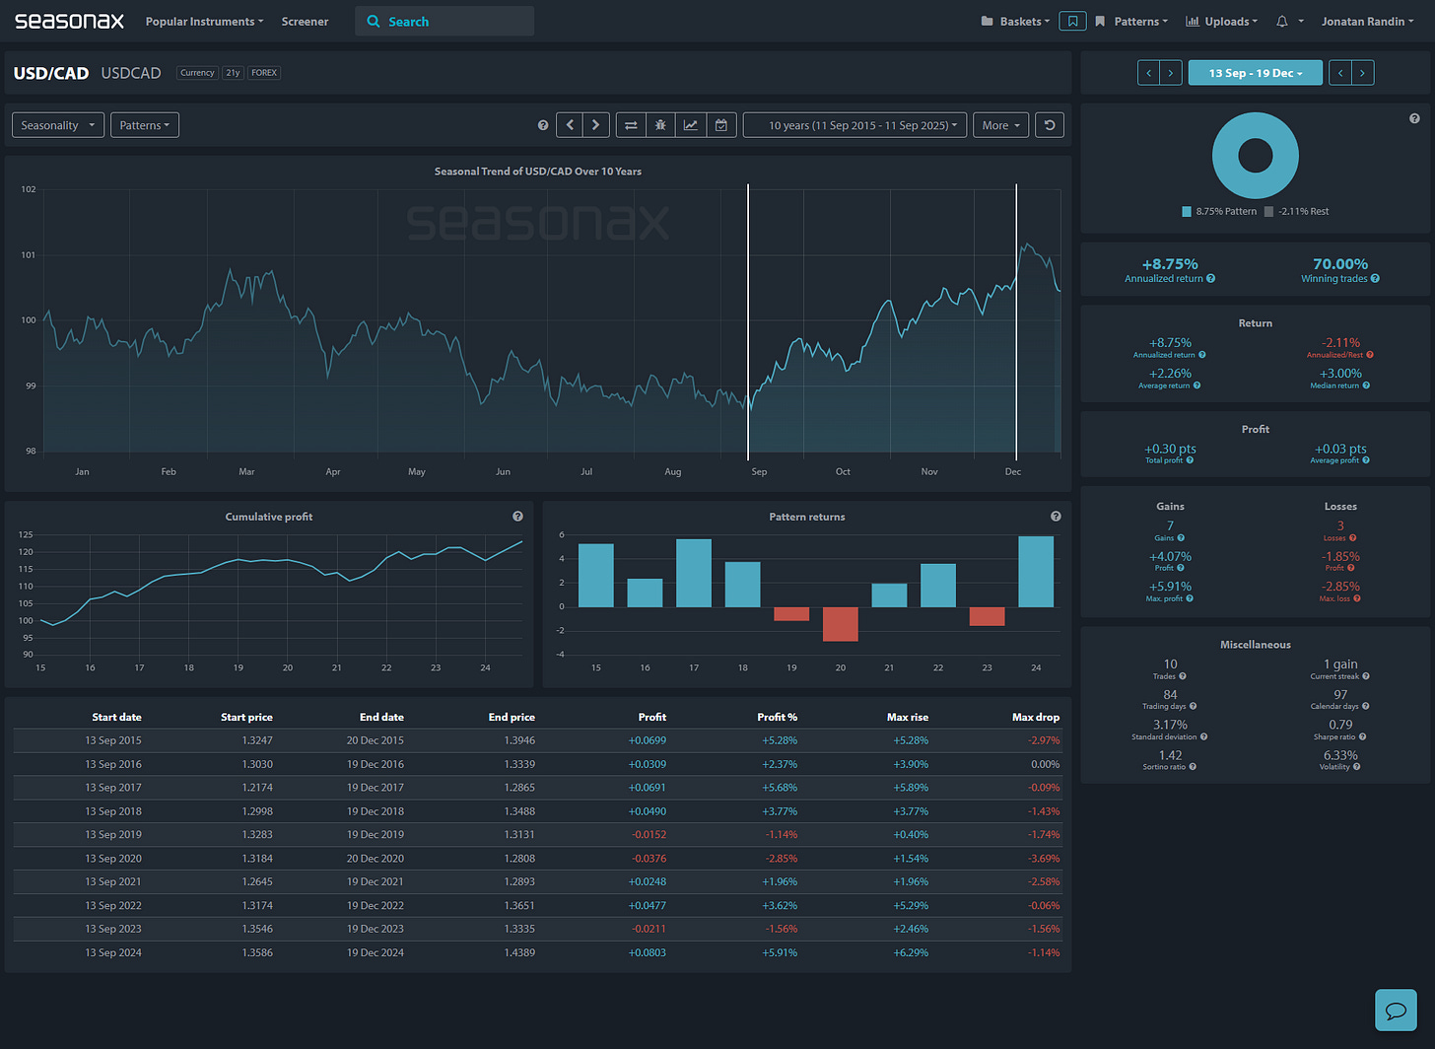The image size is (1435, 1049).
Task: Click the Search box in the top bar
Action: tap(444, 22)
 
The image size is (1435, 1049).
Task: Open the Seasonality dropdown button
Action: tap(58, 125)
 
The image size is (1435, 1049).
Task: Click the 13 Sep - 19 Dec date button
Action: tap(1255, 73)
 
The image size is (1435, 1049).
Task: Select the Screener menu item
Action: tap(305, 22)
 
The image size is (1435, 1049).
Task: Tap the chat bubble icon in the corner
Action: tap(1395, 1011)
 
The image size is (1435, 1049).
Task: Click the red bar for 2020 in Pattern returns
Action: tap(840, 624)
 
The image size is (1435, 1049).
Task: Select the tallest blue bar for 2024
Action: tap(1036, 572)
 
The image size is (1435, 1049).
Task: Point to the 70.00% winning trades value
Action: tap(1340, 264)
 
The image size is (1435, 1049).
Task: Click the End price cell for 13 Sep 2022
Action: tap(512, 905)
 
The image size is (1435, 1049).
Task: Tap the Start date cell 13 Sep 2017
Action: tap(113, 788)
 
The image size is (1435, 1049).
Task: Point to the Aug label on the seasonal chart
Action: tap(673, 472)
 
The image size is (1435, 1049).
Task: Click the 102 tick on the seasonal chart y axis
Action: tap(28, 189)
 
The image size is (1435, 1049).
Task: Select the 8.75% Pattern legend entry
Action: tap(1219, 212)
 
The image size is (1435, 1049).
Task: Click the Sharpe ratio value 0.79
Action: tap(1340, 725)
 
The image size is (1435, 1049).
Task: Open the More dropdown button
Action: tap(1000, 125)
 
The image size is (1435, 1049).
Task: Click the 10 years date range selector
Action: tap(854, 125)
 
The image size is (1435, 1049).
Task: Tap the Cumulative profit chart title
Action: tap(269, 517)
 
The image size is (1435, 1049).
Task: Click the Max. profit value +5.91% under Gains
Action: tap(1170, 587)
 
